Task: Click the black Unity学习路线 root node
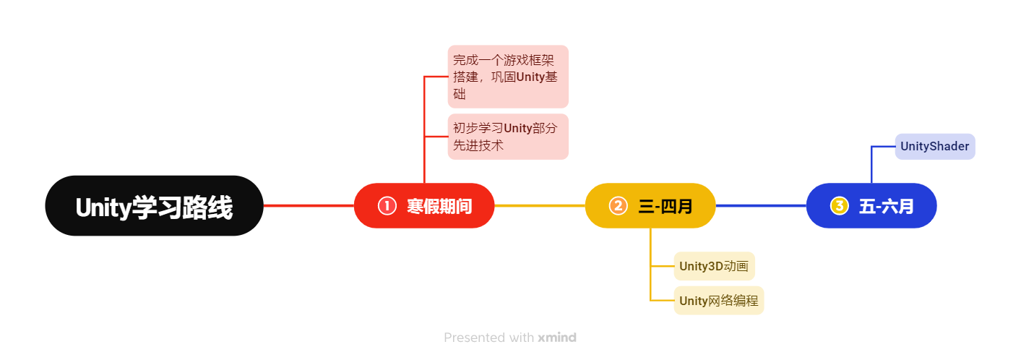(x=154, y=206)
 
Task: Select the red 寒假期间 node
(x=424, y=206)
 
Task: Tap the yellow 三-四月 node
(x=650, y=206)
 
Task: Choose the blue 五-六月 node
(x=871, y=206)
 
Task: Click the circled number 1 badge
(x=387, y=206)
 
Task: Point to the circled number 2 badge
(x=618, y=206)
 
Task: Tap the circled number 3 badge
(x=839, y=206)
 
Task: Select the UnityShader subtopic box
(x=935, y=147)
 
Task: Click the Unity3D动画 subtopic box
(x=714, y=266)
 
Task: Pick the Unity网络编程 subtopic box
(x=719, y=300)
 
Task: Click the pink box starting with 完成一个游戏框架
(x=508, y=77)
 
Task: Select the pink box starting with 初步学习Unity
(x=508, y=137)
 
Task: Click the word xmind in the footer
(x=557, y=337)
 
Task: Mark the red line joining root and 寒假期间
(x=309, y=206)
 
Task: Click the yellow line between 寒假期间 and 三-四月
(x=540, y=206)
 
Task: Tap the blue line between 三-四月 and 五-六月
(x=761, y=206)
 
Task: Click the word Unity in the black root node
(x=103, y=207)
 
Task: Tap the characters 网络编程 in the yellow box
(x=733, y=300)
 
